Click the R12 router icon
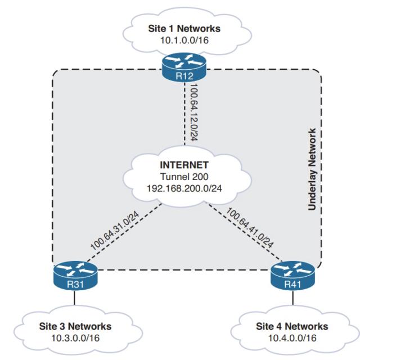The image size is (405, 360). tap(184, 68)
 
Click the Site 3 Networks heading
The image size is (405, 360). tap(76, 326)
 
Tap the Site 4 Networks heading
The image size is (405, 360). tap(292, 326)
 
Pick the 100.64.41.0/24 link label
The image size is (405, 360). tap(250, 228)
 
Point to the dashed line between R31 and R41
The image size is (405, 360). tap(184, 269)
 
